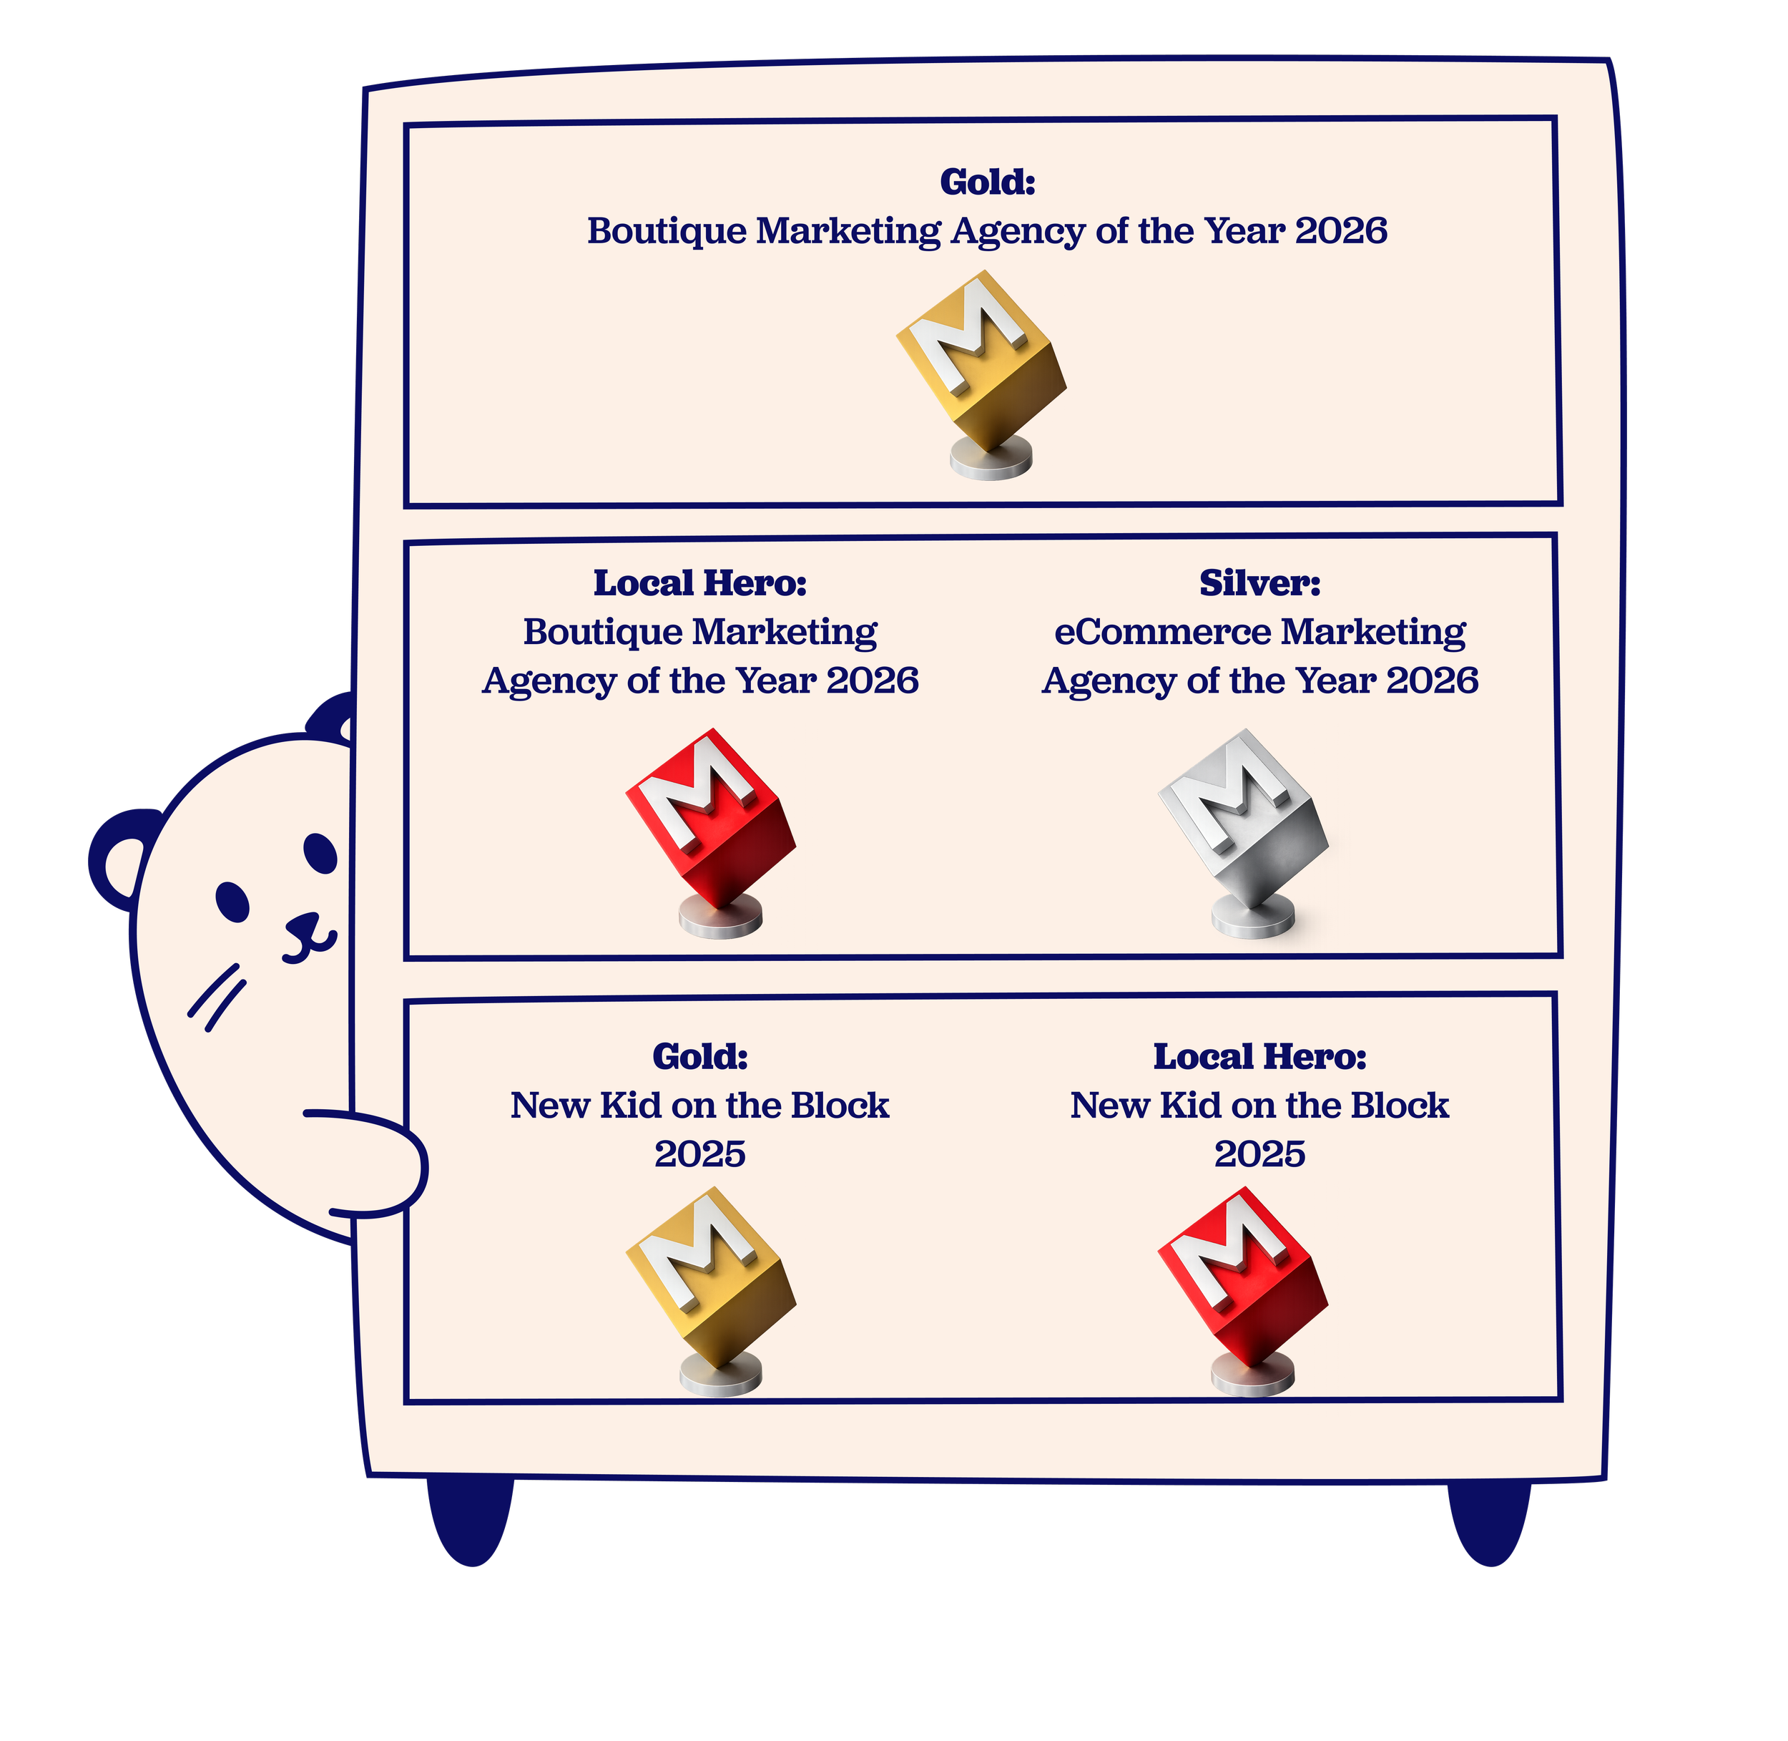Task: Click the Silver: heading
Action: coord(1259,582)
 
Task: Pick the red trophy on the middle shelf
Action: coord(710,833)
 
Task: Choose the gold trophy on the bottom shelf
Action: coord(710,1291)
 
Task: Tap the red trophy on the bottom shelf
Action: coord(1243,1291)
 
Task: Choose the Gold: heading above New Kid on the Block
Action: coord(700,1057)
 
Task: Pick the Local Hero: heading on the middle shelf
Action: coord(700,582)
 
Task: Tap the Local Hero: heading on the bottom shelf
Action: coord(1259,1057)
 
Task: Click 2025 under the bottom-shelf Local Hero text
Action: coord(1259,1154)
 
